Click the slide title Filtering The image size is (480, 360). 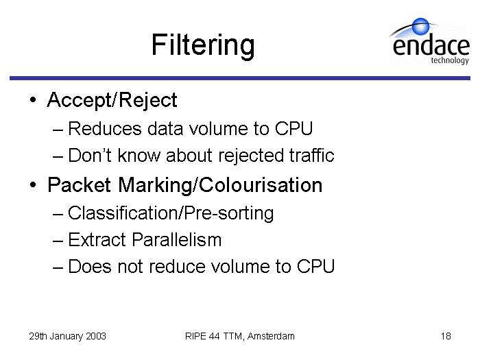(x=203, y=45)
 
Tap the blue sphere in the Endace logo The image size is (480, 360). (x=420, y=26)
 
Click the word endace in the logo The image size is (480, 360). (x=431, y=46)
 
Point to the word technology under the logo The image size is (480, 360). (x=450, y=60)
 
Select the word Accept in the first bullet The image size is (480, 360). (x=79, y=100)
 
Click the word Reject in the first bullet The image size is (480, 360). (x=147, y=100)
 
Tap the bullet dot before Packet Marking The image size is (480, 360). (x=33, y=185)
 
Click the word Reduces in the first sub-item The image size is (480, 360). (x=105, y=128)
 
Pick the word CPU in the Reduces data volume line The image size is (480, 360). (x=293, y=128)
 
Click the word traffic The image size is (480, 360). (x=311, y=155)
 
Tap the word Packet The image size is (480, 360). (x=79, y=185)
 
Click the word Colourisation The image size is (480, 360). (x=261, y=185)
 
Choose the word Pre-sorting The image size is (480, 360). (x=229, y=213)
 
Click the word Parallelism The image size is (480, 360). (x=177, y=239)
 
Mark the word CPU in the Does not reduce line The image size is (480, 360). (x=315, y=266)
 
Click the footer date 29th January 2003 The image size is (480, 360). (x=68, y=336)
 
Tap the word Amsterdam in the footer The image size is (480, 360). (x=271, y=336)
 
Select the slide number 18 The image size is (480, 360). (x=446, y=336)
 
